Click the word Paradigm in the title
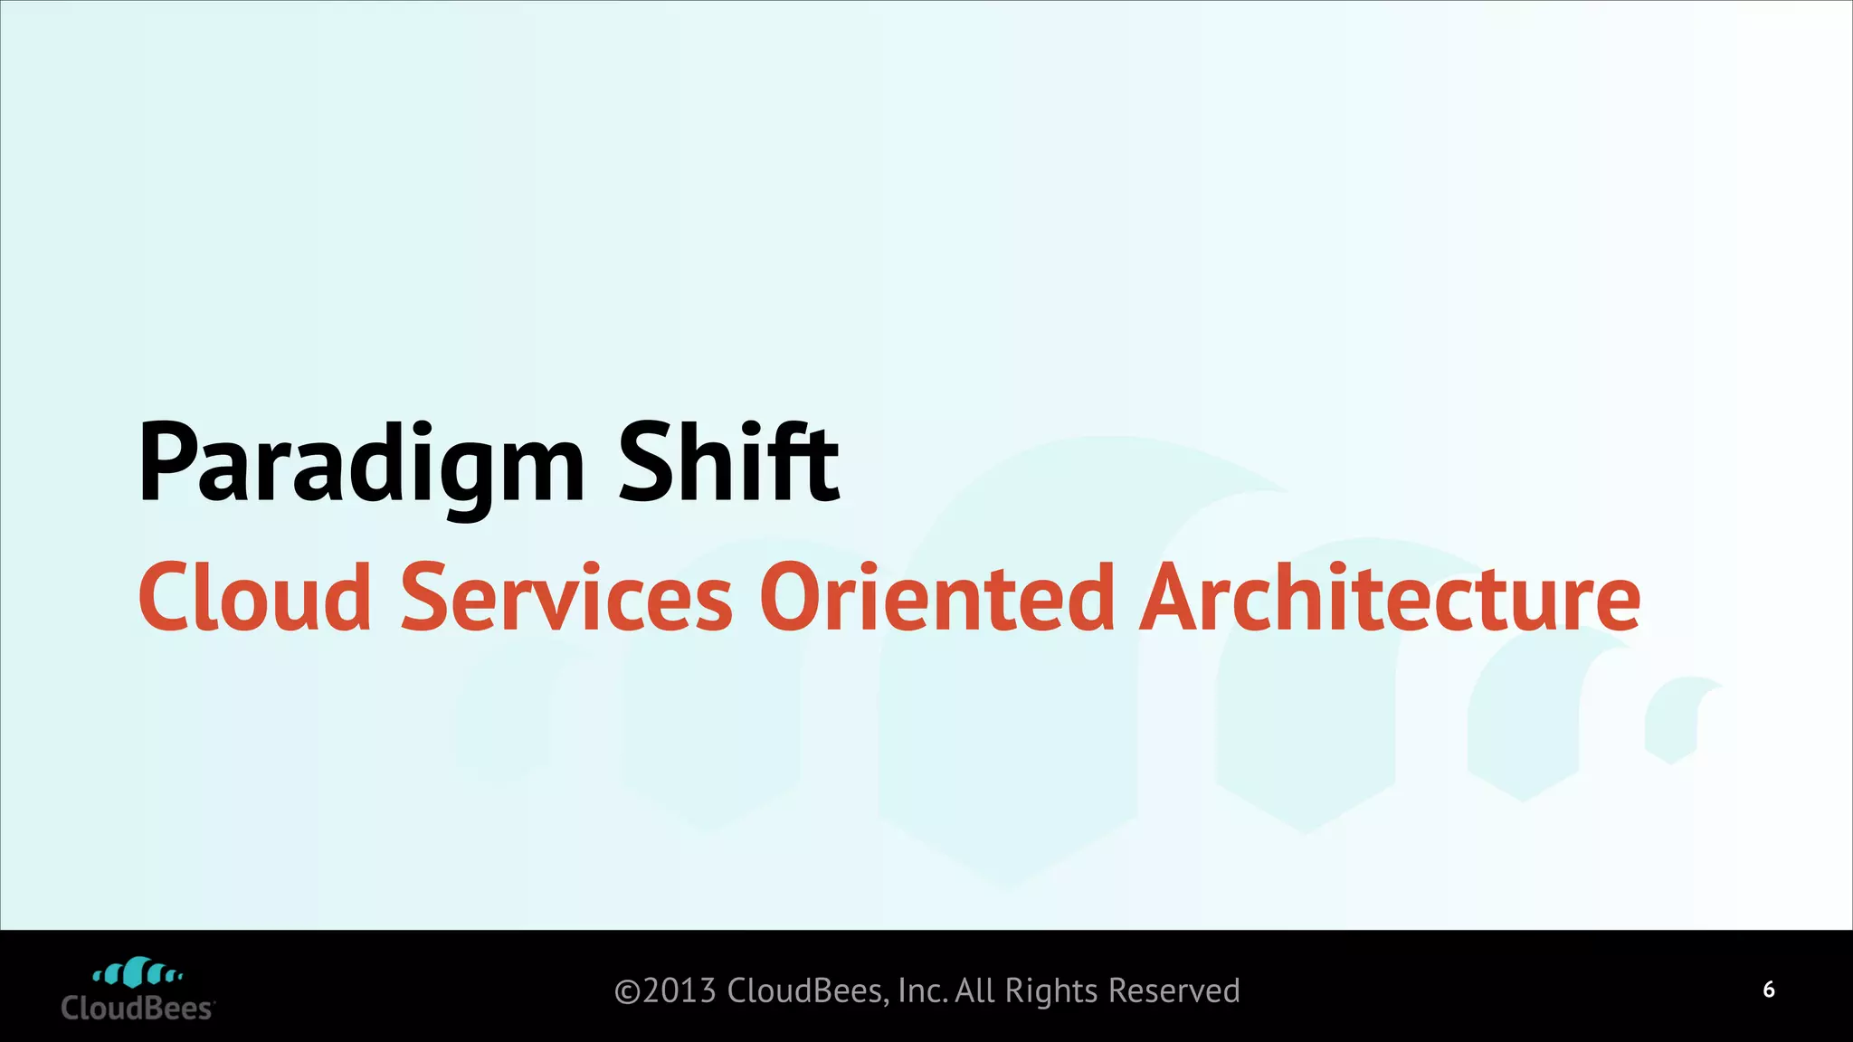click(362, 466)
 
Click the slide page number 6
click(1769, 990)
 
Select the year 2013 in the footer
click(679, 991)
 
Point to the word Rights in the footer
click(1051, 991)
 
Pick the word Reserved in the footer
click(1174, 991)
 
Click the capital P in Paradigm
click(166, 463)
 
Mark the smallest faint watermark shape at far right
click(1681, 719)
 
